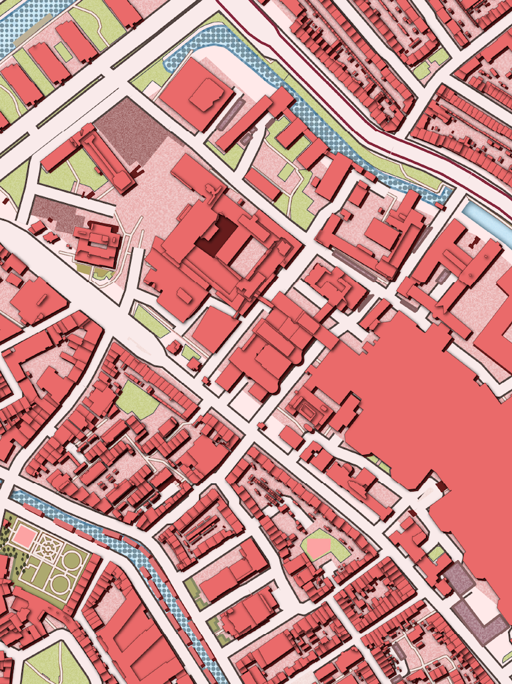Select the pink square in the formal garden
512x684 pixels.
coord(25,535)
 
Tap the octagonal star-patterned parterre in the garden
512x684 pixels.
coord(48,548)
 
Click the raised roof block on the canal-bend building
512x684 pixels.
coord(206,96)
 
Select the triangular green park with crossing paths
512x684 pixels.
coord(53,665)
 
